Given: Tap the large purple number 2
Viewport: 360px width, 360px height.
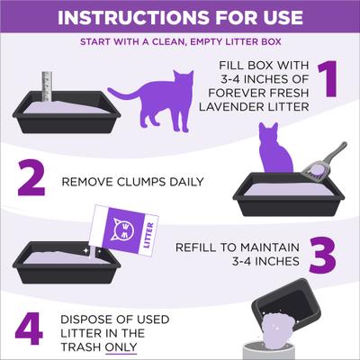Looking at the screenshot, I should (x=32, y=180).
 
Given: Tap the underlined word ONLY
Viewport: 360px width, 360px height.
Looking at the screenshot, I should (x=121, y=346).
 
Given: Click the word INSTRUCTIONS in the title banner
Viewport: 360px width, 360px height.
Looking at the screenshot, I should (x=128, y=18).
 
